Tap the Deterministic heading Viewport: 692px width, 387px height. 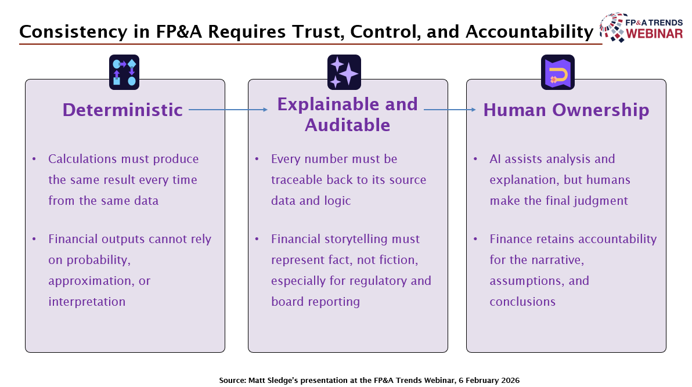point(122,110)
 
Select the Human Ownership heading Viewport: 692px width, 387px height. point(566,110)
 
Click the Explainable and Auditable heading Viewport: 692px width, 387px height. point(347,114)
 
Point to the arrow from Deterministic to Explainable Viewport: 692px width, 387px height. point(228,109)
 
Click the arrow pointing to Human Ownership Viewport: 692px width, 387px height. point(450,109)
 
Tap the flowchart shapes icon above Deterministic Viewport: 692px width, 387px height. point(124,72)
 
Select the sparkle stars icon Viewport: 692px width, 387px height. point(344,72)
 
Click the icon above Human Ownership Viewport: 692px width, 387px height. point(558,72)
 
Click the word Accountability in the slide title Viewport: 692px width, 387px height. point(524,32)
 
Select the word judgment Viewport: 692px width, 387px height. point(600,201)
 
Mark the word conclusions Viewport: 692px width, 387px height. point(522,302)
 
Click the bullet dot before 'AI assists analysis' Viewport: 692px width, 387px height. point(476,159)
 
